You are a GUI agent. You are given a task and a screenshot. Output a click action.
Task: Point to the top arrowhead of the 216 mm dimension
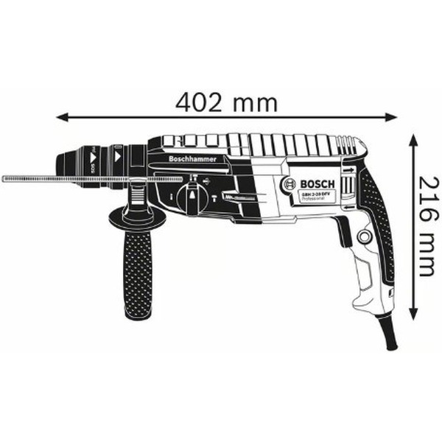point(413,139)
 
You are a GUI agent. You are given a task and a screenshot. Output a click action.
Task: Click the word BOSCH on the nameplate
point(318,184)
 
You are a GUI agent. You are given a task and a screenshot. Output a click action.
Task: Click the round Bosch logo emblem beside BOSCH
point(290,185)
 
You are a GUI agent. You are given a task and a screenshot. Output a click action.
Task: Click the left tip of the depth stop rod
point(4,178)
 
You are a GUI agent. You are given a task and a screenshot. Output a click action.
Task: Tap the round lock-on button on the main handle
point(362,237)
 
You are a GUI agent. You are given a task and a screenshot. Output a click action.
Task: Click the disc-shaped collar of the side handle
point(137,217)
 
